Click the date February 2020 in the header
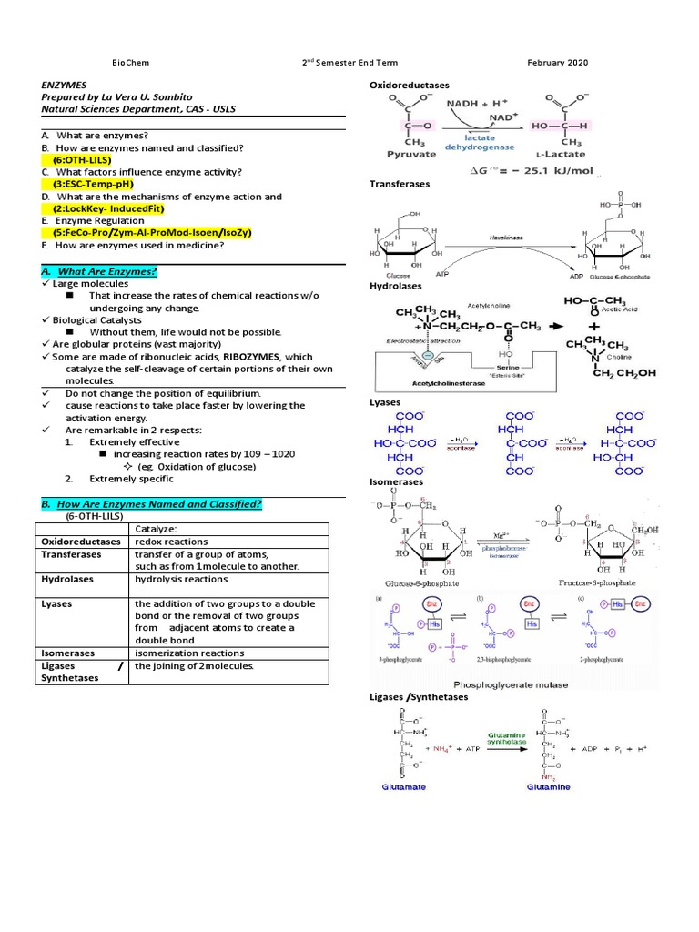[x=557, y=63]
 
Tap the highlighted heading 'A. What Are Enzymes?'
[x=99, y=271]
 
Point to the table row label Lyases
[x=57, y=603]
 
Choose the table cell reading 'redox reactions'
[x=171, y=542]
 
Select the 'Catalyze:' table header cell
[x=156, y=528]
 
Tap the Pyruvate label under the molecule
[x=398, y=155]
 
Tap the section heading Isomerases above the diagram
[x=397, y=481]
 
